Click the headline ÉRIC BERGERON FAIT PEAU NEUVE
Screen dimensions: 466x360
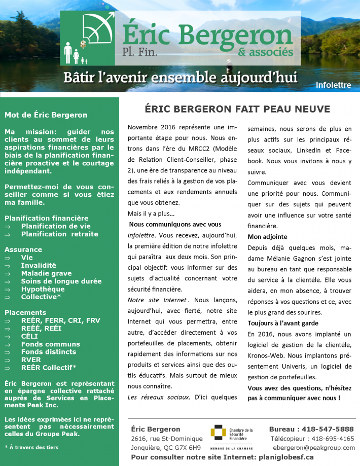click(237, 109)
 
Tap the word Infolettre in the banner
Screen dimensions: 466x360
click(333, 85)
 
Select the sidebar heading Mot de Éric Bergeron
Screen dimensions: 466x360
click(46, 115)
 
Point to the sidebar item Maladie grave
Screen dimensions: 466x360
click(46, 273)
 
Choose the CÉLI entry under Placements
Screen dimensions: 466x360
click(29, 336)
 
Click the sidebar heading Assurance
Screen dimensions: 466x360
click(23, 249)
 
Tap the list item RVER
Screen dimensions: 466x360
click(31, 360)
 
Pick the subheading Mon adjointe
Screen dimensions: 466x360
click(268, 236)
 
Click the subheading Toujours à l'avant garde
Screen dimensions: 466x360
click(283, 323)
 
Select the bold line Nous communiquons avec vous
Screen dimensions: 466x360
click(175, 224)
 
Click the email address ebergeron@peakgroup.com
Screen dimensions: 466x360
click(314, 448)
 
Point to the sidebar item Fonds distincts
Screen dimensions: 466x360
click(48, 352)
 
